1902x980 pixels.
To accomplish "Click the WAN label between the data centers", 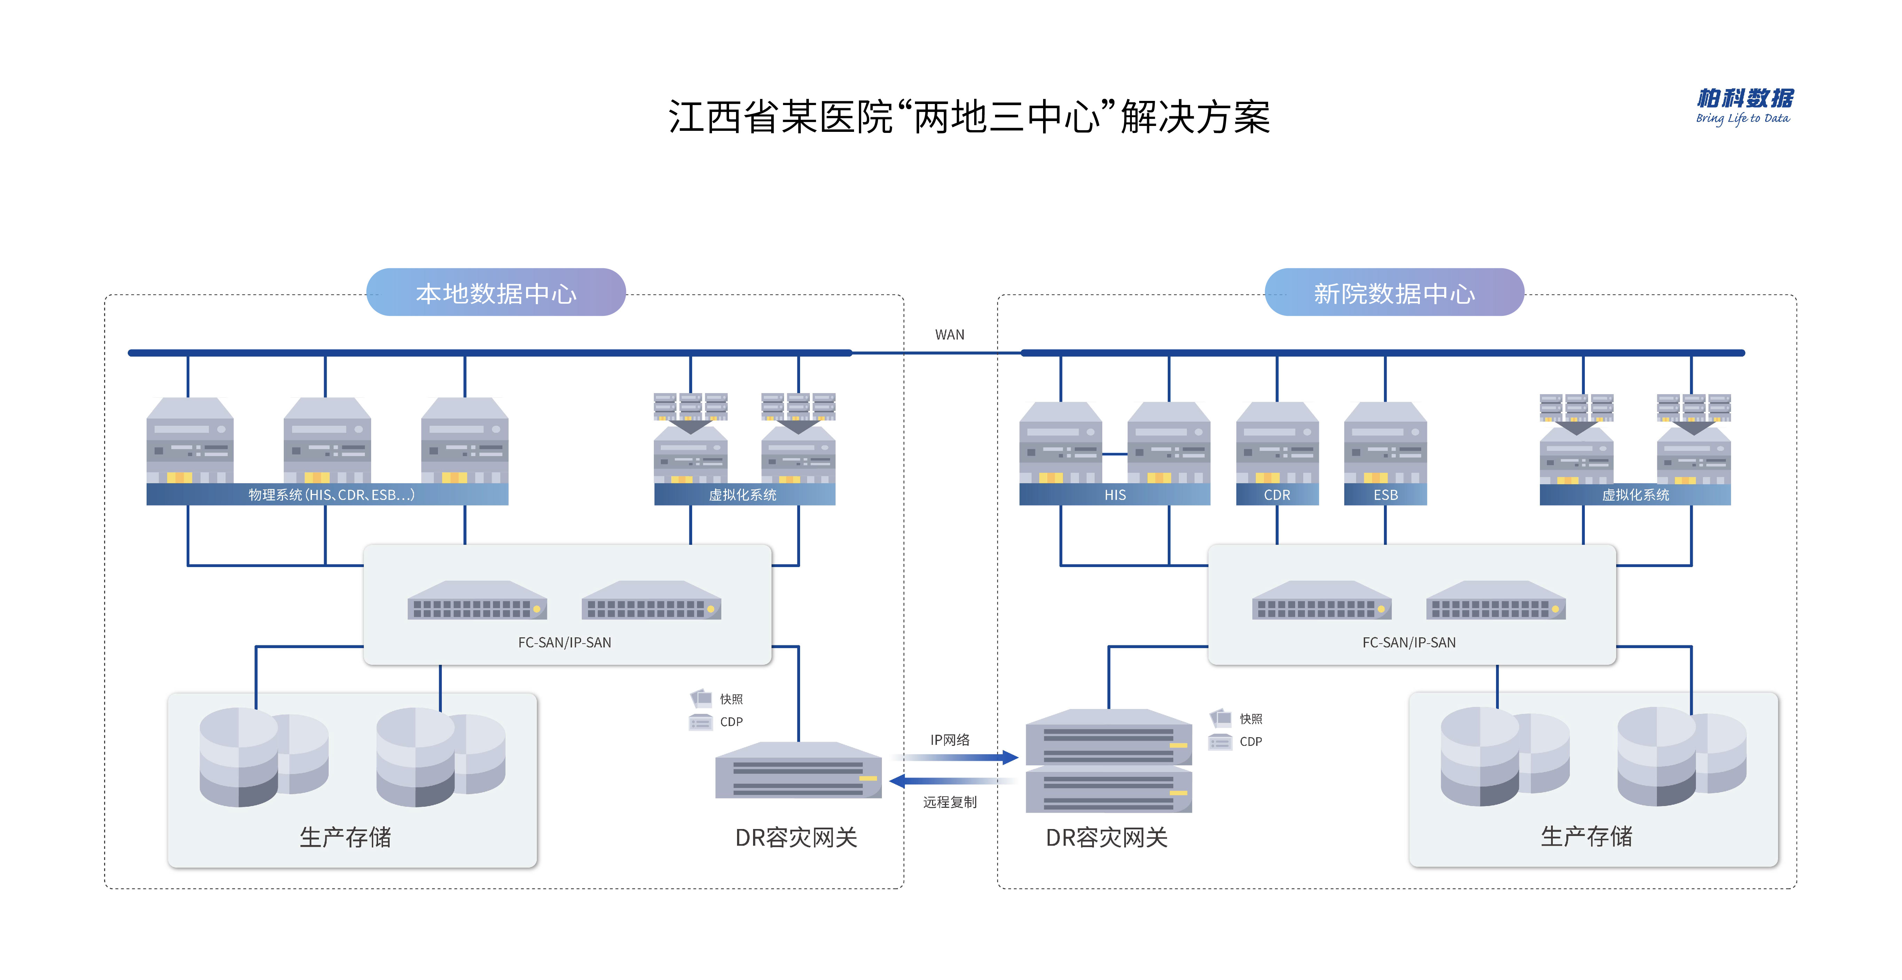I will point(949,334).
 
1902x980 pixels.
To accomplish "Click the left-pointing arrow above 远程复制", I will point(953,781).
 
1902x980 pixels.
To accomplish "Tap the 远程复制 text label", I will point(949,802).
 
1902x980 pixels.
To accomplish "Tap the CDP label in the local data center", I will point(731,722).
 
